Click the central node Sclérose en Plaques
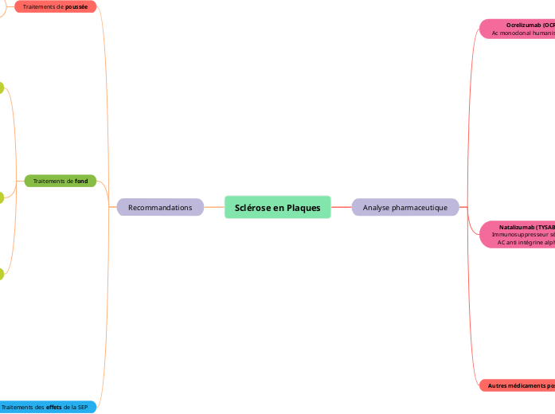pos(277,208)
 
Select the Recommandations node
pos(160,208)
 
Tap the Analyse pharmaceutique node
pos(405,208)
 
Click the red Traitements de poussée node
pos(55,6)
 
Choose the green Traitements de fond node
pos(60,182)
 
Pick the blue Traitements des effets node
pos(48,407)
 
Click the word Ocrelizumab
pos(524,25)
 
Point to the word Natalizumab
pos(517,227)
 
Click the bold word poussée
pos(76,6)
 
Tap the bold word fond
pos(81,182)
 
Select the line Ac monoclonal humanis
pos(522,33)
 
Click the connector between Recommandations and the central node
pos(214,208)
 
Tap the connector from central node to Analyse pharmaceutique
pos(341,208)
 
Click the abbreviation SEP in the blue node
pos(82,407)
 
